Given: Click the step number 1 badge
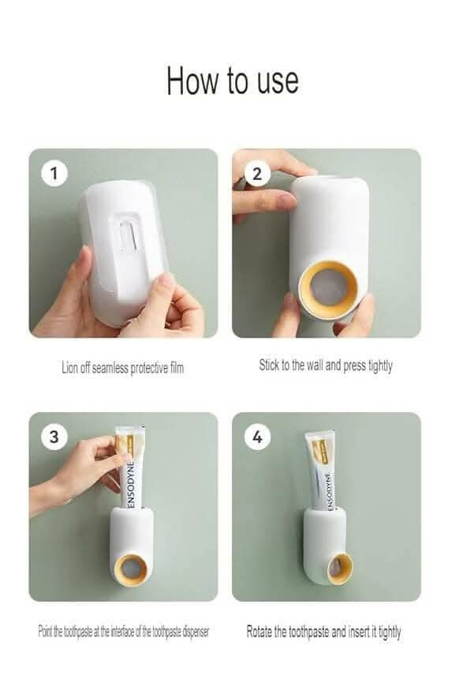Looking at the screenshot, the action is click(x=54, y=173).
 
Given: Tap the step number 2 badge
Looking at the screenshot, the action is click(x=257, y=174).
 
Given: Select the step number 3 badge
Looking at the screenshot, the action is click(x=54, y=437).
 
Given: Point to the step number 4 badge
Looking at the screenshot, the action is click(x=257, y=437).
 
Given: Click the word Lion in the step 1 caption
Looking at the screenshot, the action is click(x=69, y=367).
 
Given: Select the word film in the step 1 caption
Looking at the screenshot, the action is click(x=177, y=367).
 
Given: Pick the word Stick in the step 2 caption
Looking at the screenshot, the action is click(x=268, y=365).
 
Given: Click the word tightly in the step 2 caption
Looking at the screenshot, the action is click(x=380, y=366).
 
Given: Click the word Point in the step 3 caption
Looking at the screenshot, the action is click(x=44, y=631).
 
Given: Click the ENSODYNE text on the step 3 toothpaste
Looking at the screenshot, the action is click(x=130, y=485).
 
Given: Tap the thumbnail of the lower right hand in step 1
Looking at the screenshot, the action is click(x=166, y=280).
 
